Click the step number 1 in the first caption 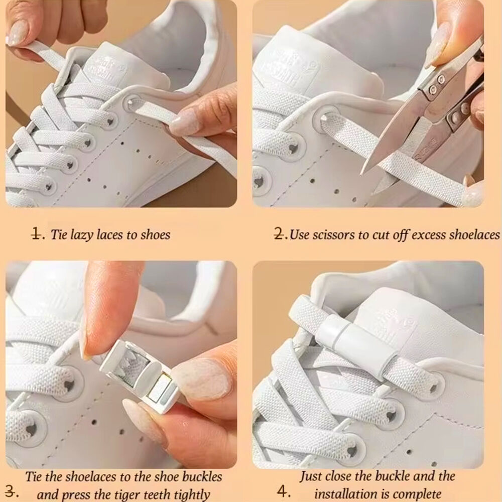pos(37,234)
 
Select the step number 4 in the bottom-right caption pos(284,491)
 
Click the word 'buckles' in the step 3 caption pos(202,477)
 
